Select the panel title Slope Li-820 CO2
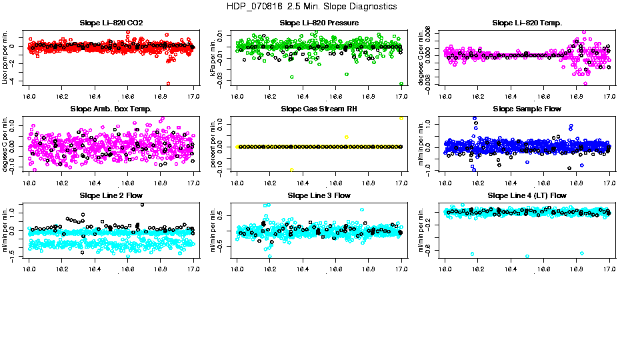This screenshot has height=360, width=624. coord(111,23)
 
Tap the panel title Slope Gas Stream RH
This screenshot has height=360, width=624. coord(319,109)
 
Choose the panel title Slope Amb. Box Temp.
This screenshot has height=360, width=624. coord(111,109)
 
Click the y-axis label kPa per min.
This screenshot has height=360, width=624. coord(213,57)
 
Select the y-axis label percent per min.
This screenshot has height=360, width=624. coord(213,143)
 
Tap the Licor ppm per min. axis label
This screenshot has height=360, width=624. coord(5,57)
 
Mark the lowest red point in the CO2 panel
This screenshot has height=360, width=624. coord(167,83)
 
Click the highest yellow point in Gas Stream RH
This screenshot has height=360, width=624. coord(401,118)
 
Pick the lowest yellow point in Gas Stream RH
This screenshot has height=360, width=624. coord(292,169)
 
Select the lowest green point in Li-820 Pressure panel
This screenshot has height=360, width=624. coord(401,84)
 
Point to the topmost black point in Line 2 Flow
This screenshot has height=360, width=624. coord(142,204)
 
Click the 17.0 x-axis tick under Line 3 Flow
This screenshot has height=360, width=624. coord(401,269)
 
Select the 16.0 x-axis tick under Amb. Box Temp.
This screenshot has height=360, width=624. coord(29,182)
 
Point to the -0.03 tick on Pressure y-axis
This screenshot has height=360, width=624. coord(223,80)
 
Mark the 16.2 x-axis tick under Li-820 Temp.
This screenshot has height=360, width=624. coord(479,96)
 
